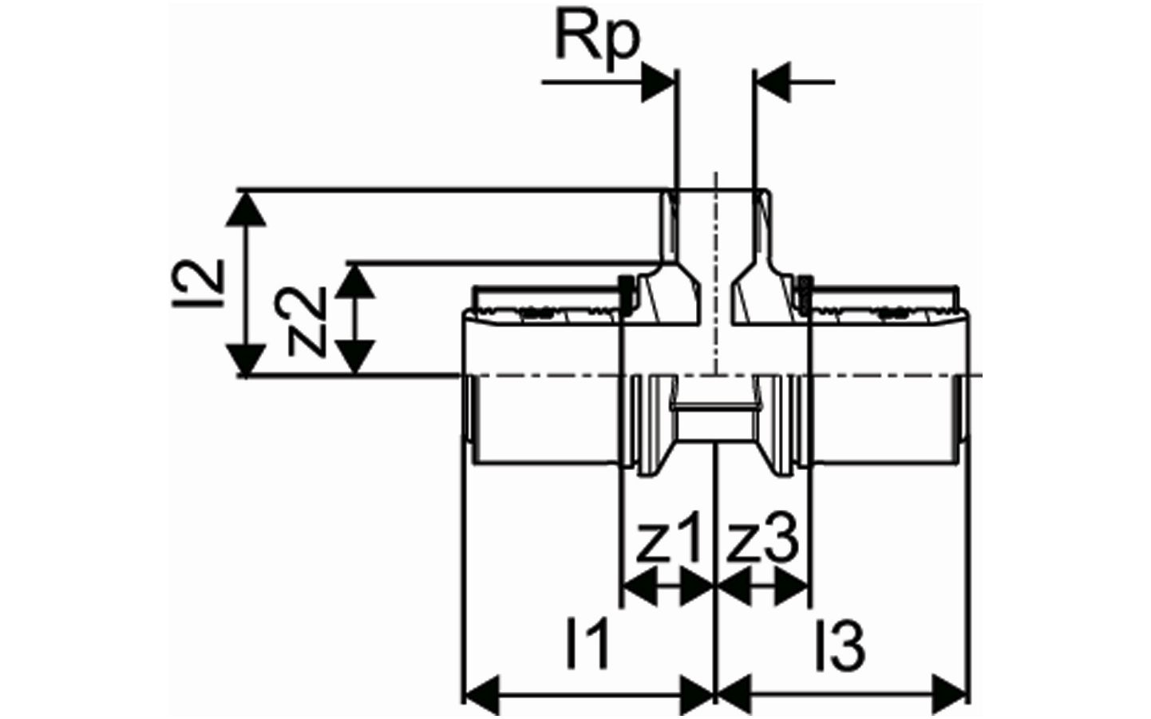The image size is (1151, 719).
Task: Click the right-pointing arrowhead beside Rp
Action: coord(658,81)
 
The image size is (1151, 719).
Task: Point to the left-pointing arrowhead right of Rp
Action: coord(773,81)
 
